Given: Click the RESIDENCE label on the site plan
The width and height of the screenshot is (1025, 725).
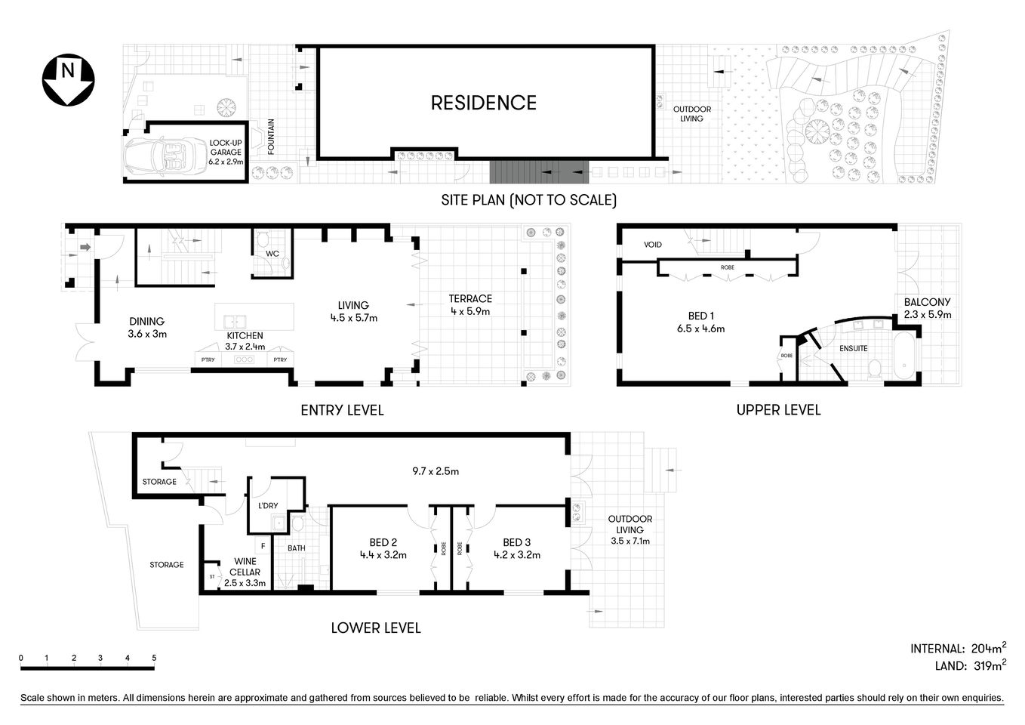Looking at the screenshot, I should [x=483, y=103].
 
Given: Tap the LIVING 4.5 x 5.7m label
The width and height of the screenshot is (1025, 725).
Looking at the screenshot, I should [x=353, y=312].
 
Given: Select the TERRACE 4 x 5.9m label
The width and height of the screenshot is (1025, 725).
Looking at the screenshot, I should [x=470, y=304].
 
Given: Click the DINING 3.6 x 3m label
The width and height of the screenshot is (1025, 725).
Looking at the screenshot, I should [x=147, y=327].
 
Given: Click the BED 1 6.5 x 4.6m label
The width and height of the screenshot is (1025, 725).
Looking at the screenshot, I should [x=700, y=322].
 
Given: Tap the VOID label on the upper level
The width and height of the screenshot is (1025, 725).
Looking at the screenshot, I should [x=653, y=245].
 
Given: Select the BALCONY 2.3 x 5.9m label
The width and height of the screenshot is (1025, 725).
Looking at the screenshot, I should [x=928, y=308].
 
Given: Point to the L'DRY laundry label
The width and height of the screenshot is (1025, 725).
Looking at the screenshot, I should [x=269, y=506].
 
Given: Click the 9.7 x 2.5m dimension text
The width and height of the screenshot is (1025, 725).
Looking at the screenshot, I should [x=436, y=471].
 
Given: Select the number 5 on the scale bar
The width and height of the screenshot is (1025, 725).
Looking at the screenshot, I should [x=154, y=658].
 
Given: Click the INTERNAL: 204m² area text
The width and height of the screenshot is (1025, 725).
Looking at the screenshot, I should [x=958, y=648].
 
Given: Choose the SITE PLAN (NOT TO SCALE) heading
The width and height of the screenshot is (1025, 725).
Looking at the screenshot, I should [x=528, y=200].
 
